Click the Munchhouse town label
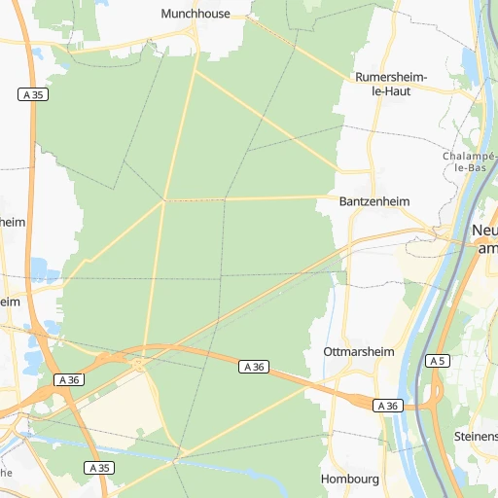196,15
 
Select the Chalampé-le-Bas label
470,161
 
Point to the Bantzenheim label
374,201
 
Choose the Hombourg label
349,480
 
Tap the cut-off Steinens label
476,437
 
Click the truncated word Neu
483,231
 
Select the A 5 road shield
438,361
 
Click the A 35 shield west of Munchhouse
32,94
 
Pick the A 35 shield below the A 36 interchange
98,468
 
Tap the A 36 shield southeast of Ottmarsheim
388,406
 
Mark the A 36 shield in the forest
254,366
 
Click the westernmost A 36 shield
68,379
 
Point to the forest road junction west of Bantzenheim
165,200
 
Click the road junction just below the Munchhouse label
196,36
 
